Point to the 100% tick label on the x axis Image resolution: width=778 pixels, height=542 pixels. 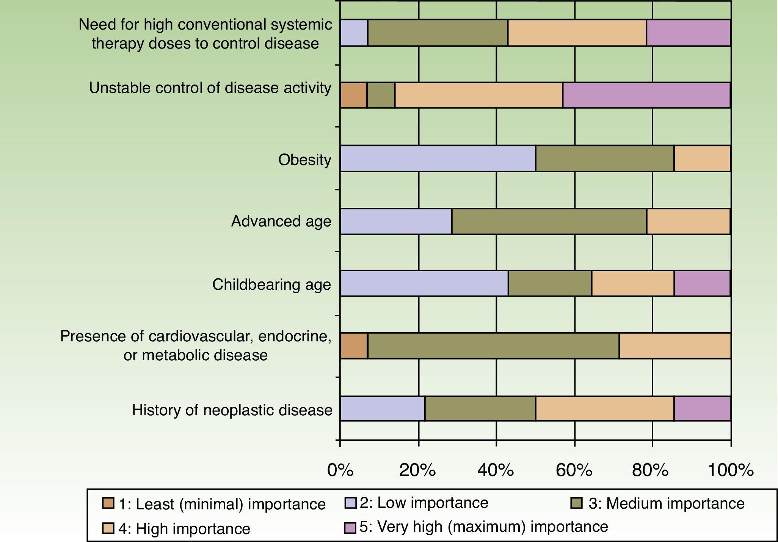coord(730,471)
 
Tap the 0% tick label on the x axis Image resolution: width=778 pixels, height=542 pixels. coord(340,471)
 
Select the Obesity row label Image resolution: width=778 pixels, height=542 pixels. coord(305,160)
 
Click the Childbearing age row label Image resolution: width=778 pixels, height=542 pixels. coord(271,284)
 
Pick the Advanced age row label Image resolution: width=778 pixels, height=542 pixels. coord(281,221)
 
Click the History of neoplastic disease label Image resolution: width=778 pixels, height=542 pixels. coord(232,410)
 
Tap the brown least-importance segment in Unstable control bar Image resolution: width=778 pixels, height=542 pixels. coord(353,95)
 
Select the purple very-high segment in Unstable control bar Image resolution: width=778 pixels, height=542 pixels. coord(646,95)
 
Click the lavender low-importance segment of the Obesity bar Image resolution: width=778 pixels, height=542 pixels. coord(438,159)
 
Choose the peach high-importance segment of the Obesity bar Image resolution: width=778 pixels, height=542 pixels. coord(702,159)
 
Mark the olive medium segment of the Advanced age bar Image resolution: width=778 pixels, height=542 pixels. coord(549,222)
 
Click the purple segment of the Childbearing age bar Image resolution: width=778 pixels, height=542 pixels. coord(702,283)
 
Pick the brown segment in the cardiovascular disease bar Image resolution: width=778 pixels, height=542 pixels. coord(354,346)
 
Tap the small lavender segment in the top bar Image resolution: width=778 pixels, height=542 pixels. coord(354,33)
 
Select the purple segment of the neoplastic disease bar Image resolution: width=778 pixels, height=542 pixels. coord(702,408)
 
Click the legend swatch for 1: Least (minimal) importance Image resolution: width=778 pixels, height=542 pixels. coord(108,503)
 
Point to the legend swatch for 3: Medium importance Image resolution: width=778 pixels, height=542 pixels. coord(577,503)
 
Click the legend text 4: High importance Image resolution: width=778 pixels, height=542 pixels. coord(184,529)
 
